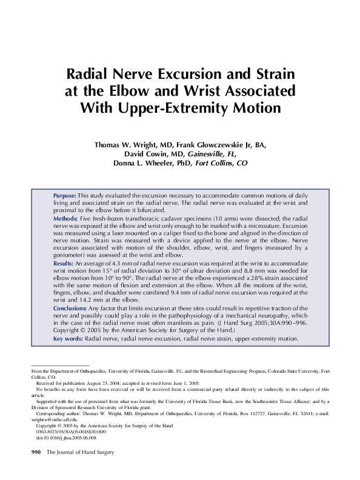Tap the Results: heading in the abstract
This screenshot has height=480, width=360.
64,264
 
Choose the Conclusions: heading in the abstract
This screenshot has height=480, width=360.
71,308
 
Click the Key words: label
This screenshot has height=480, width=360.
68,339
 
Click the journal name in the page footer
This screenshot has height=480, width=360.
80,452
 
